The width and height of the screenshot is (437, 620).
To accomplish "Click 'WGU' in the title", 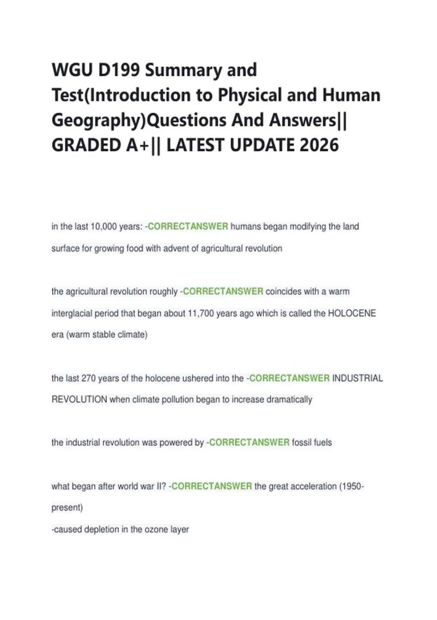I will [72, 70].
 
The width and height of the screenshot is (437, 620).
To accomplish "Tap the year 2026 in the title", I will [319, 145].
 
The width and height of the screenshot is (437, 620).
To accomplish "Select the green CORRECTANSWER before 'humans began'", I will [188, 226].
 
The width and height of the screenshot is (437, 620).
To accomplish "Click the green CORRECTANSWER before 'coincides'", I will [223, 291].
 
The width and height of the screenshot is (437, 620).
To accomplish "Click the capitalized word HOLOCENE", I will [352, 313].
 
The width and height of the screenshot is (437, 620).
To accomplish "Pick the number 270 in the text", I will [88, 378].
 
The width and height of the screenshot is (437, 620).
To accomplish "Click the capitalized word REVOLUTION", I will [79, 399].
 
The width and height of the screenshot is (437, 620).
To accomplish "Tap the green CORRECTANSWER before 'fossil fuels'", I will [249, 442].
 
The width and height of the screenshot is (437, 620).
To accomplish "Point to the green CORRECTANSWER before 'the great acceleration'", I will [212, 486].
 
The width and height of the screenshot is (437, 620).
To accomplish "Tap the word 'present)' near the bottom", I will [67, 508].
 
